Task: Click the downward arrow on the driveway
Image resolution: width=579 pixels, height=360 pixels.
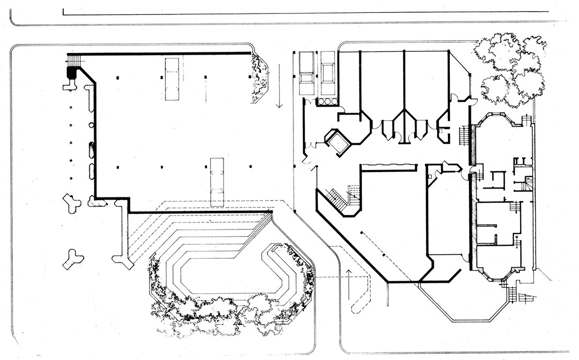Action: [x=280, y=99]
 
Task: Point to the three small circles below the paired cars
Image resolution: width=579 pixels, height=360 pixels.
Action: [x=327, y=101]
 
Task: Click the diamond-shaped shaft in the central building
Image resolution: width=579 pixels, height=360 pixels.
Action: [x=338, y=141]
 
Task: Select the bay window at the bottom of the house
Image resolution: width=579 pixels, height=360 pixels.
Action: [x=498, y=272]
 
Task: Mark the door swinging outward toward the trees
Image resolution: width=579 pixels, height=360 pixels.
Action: [x=468, y=102]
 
